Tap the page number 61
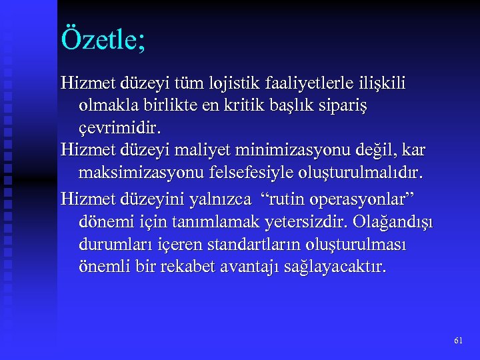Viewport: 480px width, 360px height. point(458,341)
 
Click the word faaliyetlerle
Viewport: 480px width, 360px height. point(317,84)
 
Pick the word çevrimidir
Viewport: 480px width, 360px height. point(121,127)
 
